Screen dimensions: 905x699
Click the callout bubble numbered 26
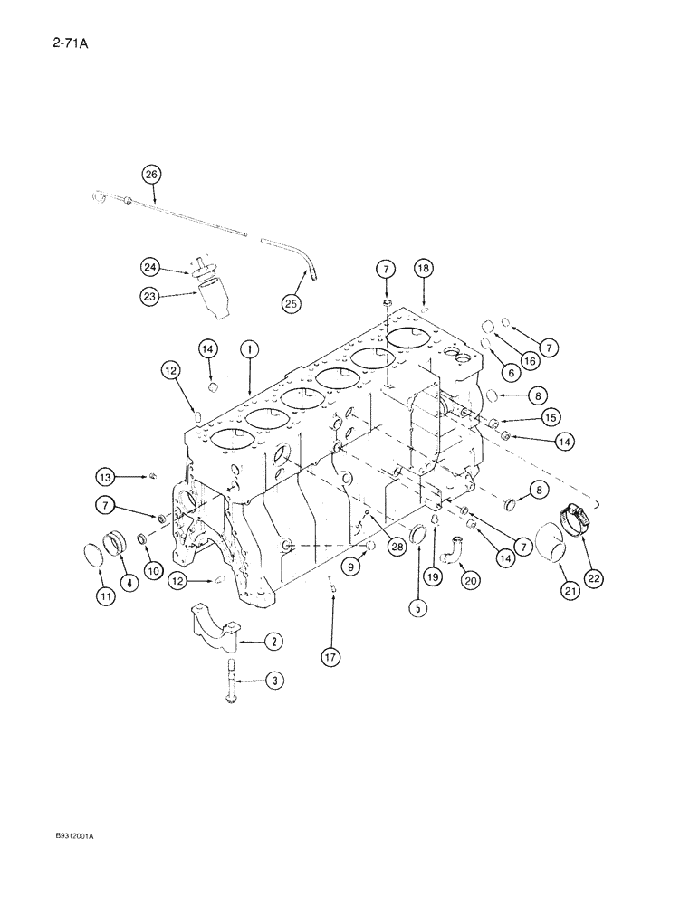tap(150, 173)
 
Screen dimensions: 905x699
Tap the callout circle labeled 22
tap(594, 576)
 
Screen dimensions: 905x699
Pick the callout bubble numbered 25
tap(291, 303)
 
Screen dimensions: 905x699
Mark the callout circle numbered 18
tap(423, 268)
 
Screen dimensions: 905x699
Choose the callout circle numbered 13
tap(107, 476)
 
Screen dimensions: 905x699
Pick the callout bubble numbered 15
tap(549, 416)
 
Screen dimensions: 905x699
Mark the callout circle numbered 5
tap(417, 609)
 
